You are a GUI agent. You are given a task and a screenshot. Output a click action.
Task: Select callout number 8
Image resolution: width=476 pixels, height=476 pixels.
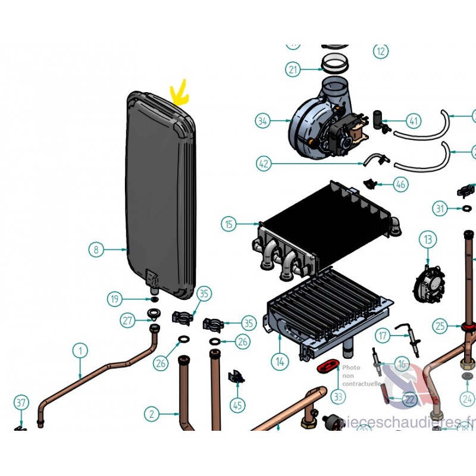point(96,249)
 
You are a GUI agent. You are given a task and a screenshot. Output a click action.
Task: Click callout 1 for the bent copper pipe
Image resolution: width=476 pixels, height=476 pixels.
point(80,350)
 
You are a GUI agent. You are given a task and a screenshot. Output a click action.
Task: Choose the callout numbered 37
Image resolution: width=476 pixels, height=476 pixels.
point(21,403)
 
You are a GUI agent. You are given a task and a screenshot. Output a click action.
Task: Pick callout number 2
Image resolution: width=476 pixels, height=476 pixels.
point(152,413)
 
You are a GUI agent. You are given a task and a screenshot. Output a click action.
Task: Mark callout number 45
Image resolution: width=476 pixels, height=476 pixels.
point(238,406)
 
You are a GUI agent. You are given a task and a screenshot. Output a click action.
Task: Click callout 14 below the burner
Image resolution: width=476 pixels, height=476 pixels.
point(280,360)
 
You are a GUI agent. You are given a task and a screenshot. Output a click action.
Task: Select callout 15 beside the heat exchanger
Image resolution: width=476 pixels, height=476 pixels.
point(229,224)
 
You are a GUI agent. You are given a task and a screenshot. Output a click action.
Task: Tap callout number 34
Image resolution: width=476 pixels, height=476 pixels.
point(263,121)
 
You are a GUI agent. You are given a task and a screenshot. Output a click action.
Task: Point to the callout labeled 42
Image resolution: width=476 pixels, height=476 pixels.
point(264,162)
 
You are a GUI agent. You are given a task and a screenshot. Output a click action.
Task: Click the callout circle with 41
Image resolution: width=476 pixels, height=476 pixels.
point(414,121)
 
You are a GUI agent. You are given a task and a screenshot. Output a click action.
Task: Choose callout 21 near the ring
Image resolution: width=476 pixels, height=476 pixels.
point(293,70)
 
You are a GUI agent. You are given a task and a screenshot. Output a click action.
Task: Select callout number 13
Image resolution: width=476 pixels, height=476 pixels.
point(428,240)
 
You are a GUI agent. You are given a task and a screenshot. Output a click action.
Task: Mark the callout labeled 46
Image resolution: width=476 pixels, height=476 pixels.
point(401,184)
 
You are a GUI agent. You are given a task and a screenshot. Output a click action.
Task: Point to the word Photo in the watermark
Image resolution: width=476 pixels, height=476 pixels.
point(351,368)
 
